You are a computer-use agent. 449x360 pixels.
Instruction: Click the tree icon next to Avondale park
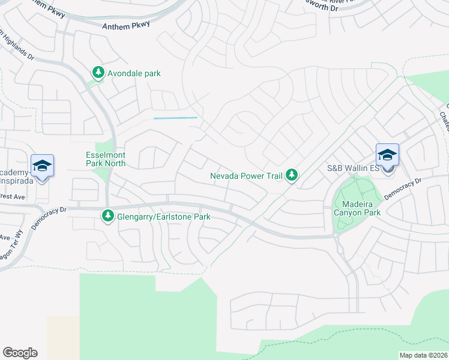[98, 73]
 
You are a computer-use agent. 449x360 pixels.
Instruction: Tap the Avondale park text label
[134, 73]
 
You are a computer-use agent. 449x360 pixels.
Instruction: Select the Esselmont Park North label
[105, 158]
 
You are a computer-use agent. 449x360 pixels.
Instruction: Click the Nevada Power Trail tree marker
[292, 175]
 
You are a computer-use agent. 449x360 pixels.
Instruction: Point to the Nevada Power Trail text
[246, 176]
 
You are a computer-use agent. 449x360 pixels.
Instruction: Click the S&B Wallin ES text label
[352, 169]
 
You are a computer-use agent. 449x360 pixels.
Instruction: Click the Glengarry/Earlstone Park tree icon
[108, 215]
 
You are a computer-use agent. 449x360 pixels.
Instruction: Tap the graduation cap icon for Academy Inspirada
[42, 166]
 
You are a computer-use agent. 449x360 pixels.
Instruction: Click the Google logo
[20, 353]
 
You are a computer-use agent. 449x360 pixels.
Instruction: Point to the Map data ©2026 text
[423, 355]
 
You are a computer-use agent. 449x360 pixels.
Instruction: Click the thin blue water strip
[175, 118]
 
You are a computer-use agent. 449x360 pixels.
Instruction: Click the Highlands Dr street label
[18, 45]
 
